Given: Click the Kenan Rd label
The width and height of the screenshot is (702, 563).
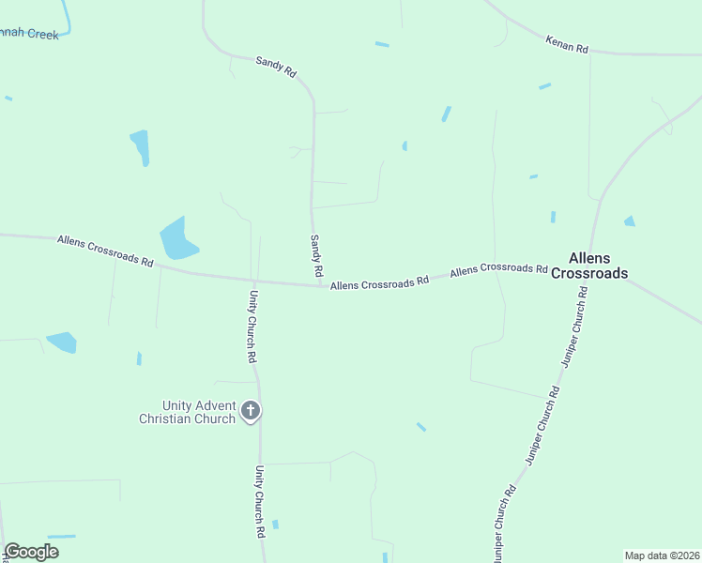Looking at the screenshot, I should pos(566,44).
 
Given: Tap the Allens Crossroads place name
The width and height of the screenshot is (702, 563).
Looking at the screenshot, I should pos(588,266).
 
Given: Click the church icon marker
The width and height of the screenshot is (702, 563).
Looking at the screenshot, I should pos(251,410).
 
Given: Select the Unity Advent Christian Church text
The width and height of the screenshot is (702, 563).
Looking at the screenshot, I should pos(186,411).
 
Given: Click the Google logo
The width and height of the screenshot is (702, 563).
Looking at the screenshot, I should pos(31,552).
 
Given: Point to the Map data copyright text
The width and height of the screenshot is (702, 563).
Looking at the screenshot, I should pos(662,555).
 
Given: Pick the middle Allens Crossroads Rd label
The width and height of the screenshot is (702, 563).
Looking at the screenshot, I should pos(379,281).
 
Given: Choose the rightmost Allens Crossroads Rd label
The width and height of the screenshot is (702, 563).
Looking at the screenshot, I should pos(498,269).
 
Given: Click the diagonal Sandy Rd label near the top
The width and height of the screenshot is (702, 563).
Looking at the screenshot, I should pos(276,66).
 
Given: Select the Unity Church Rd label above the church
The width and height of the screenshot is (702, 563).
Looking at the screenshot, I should pos(252,327).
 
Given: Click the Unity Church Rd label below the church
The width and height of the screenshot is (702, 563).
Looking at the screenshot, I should pos(259,502).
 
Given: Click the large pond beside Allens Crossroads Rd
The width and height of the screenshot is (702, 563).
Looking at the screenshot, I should pos(176,239).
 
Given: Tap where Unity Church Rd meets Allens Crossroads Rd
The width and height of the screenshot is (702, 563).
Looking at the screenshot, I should pos(254,281).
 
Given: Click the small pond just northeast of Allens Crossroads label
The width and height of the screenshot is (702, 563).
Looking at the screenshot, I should pos(629,221).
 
